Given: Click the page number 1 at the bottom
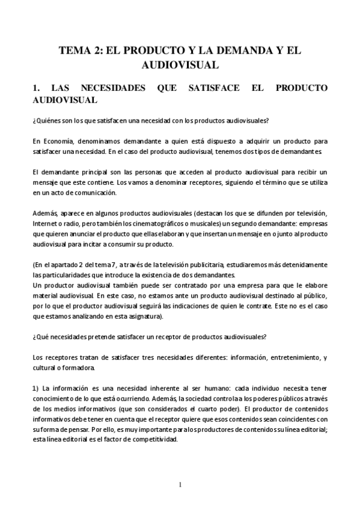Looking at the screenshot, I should (x=180, y=485).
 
